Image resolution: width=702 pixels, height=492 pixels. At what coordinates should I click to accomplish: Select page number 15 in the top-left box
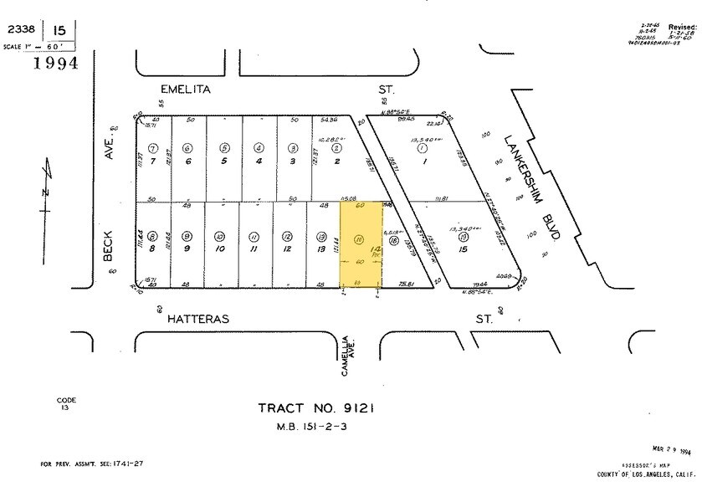click(55, 29)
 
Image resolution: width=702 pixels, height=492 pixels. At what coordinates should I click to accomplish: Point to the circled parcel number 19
click(463, 237)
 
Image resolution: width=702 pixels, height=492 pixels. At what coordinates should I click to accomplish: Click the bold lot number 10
click(220, 249)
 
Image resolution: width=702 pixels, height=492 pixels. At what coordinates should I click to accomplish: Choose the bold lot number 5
click(224, 161)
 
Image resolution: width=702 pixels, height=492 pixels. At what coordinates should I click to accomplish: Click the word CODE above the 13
click(66, 400)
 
